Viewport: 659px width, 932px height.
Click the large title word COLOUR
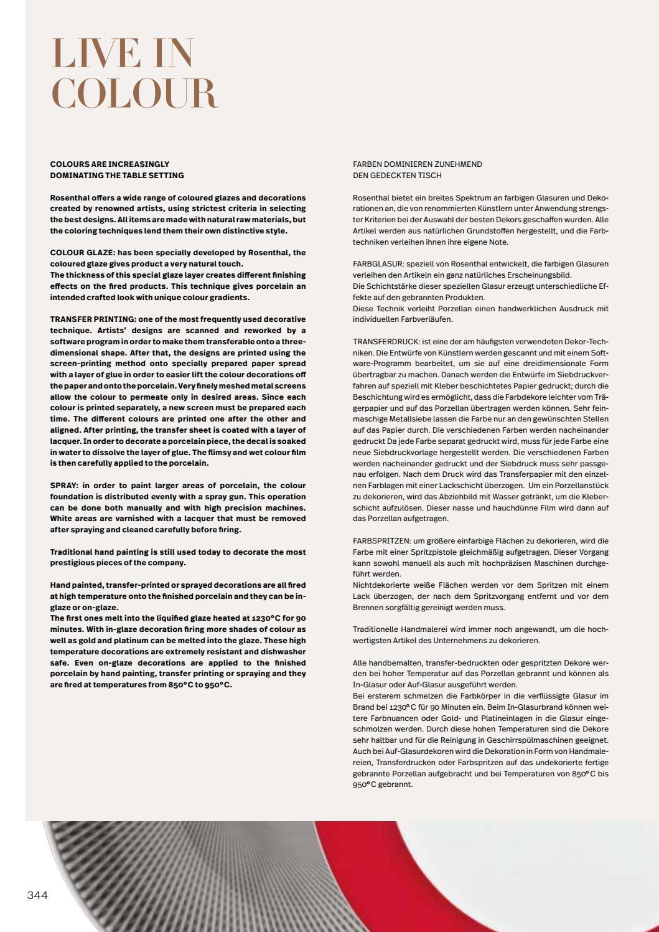coord(134,94)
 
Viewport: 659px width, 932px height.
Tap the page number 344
coord(37,895)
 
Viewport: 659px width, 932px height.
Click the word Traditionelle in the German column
coord(376,629)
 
